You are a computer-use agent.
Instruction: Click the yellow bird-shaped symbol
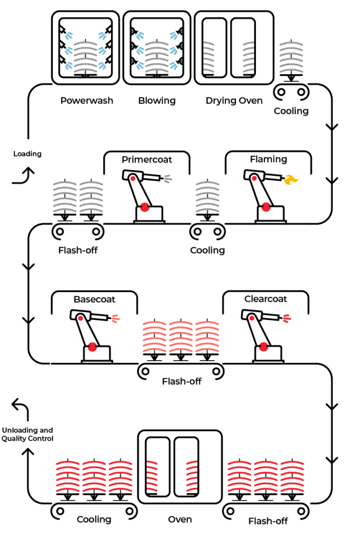(290, 180)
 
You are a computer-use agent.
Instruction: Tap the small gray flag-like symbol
(167, 179)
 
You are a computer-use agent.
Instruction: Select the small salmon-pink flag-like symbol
(115, 318)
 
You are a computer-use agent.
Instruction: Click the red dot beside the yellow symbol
(254, 178)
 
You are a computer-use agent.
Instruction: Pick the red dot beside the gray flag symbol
(133, 178)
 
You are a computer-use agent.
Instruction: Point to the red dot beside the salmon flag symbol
(81, 318)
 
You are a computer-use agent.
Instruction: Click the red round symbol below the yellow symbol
(266, 207)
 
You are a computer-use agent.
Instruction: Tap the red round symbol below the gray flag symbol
(145, 207)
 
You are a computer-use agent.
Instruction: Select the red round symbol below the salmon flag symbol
(93, 347)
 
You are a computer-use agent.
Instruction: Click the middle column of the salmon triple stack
(181, 337)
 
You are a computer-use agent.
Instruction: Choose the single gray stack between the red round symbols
(207, 197)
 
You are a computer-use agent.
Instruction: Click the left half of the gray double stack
(65, 197)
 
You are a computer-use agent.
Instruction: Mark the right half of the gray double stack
(92, 197)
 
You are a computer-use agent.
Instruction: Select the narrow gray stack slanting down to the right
(209, 57)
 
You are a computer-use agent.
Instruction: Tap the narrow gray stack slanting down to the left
(249, 57)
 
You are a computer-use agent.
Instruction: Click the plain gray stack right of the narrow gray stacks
(291, 57)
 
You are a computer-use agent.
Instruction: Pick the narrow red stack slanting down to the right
(152, 476)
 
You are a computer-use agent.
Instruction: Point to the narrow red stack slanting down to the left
(192, 476)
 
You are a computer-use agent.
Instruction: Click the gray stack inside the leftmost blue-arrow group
(85, 57)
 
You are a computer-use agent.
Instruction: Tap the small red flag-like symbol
(287, 318)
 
